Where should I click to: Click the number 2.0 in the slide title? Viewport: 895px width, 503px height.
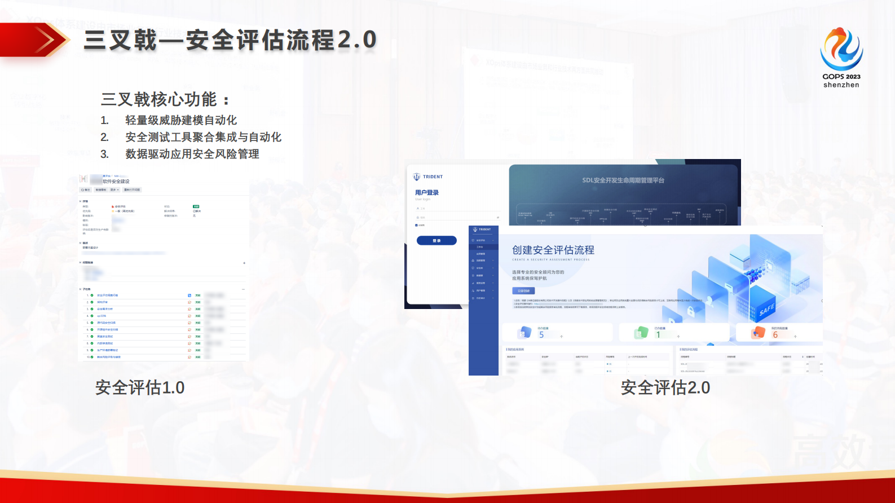357,40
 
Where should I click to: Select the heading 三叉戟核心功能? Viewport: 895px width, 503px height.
159,100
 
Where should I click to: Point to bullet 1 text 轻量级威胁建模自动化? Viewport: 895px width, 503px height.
180,120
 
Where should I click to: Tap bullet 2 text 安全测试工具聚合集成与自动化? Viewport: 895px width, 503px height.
203,137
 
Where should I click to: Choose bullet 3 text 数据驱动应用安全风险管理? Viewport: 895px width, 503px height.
192,154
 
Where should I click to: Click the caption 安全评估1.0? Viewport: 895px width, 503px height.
140,388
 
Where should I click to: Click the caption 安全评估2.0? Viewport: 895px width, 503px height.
665,388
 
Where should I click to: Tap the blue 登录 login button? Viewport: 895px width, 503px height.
437,241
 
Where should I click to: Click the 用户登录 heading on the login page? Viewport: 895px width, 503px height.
427,193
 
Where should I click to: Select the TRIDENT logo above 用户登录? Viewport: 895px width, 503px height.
428,177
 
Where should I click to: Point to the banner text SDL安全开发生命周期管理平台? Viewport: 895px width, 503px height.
623,180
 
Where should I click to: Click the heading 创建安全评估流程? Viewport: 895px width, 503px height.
553,250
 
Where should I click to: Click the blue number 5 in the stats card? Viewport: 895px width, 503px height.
541,335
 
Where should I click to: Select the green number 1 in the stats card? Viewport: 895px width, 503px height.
658,335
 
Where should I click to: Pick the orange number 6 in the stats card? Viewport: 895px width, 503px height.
775,335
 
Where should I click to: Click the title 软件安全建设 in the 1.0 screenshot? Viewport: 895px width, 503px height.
116,182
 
